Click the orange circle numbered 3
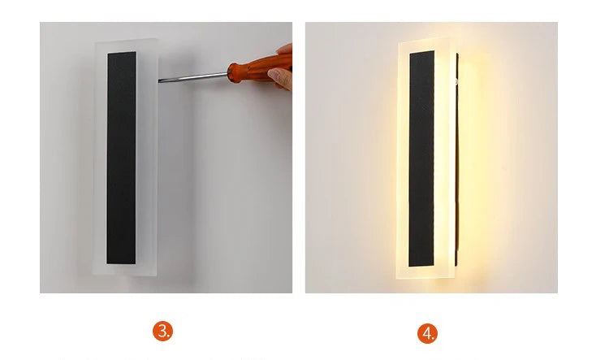tap(162, 332)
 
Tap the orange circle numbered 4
tap(427, 333)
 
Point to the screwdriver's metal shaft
tap(193, 77)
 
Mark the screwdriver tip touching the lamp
tap(159, 81)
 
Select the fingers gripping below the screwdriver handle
tap(281, 79)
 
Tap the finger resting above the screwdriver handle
tap(285, 49)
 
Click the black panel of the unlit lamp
tap(122, 158)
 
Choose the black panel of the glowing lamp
tap(421, 158)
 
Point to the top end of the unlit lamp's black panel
tap(122, 53)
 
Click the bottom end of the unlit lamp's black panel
tap(121, 263)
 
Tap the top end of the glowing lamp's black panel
tap(422, 51)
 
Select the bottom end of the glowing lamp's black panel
tap(421, 266)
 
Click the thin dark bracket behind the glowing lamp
tap(457, 159)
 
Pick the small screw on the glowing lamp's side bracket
tap(456, 81)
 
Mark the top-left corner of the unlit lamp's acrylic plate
tap(96, 42)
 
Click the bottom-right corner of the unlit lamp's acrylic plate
tap(157, 275)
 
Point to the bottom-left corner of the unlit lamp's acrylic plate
tap(93, 273)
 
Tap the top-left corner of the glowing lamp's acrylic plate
tap(400, 41)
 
